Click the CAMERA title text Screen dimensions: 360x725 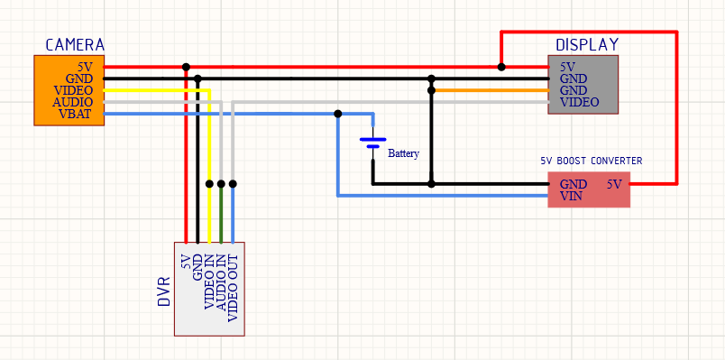pos(74,45)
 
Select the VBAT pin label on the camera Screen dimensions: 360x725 pos(75,114)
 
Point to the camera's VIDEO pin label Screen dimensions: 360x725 pos(73,90)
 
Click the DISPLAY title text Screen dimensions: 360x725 pos(586,45)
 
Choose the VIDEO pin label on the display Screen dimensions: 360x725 pos(579,103)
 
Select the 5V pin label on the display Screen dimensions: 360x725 pos(567,67)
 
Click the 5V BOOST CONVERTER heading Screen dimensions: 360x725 pos(591,161)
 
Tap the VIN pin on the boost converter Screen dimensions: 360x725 pos(572,195)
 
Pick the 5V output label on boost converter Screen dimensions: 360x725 pos(614,184)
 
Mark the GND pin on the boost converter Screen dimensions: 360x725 pos(574,184)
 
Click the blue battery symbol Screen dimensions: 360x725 pos(372,143)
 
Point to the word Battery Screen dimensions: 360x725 pos(403,153)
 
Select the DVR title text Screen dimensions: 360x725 pos(164,291)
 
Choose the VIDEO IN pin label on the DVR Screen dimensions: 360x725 pos(209,286)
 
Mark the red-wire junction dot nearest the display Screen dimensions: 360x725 pos(501,67)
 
